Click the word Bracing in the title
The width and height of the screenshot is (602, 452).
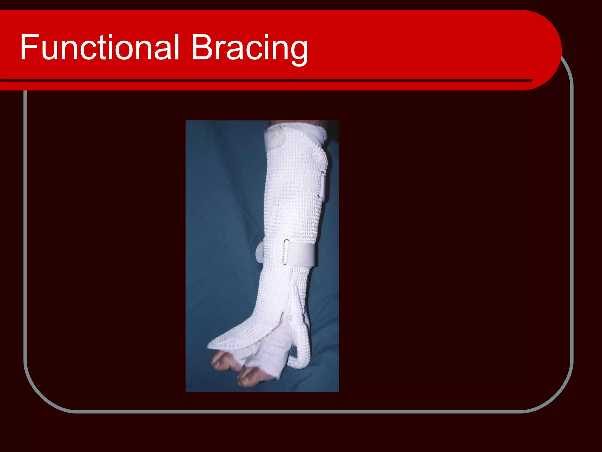[250, 49]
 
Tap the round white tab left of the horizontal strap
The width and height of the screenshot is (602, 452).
[260, 252]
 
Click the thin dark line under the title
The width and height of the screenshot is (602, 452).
[265, 80]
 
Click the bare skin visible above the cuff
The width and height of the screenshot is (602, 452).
[294, 123]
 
